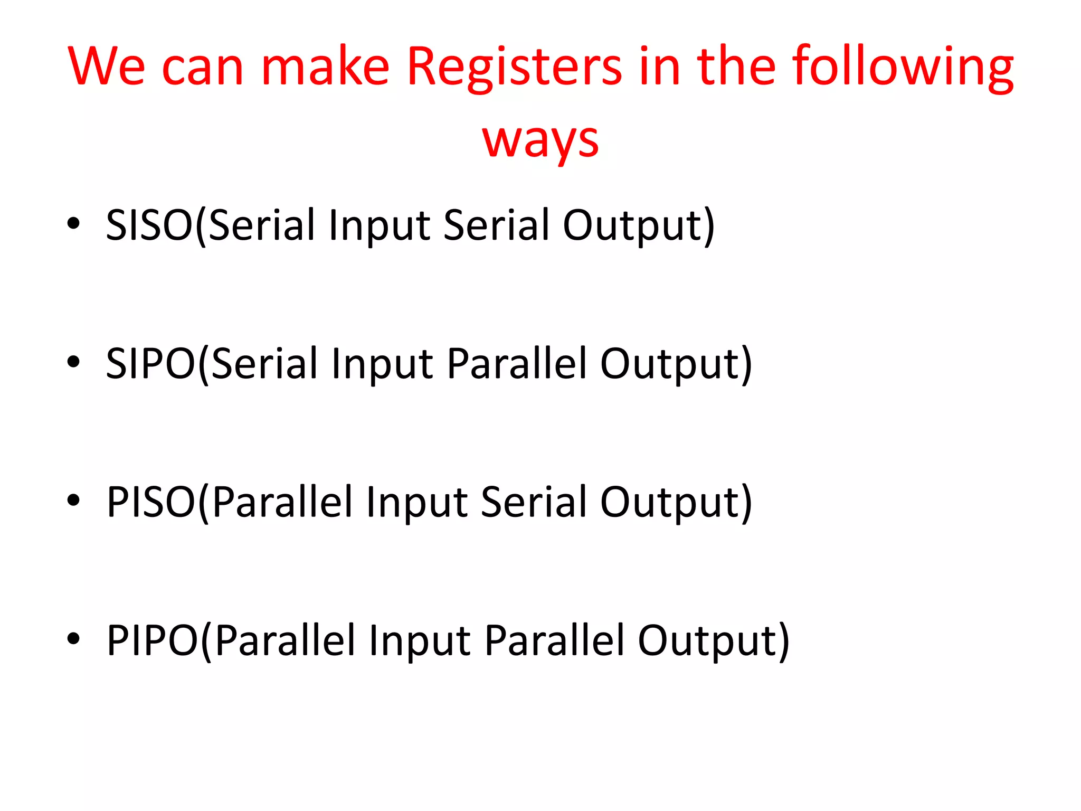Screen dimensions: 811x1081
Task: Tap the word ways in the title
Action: point(540,139)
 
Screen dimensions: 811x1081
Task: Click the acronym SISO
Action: point(149,225)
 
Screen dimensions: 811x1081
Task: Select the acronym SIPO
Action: point(151,364)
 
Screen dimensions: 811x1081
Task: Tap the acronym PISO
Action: point(151,502)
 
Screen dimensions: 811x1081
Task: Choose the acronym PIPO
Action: point(152,640)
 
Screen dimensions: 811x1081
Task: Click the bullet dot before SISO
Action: point(73,223)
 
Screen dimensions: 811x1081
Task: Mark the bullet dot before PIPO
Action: point(73,638)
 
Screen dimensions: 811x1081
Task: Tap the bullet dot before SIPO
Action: point(73,362)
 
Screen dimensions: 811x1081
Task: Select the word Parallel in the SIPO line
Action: point(516,364)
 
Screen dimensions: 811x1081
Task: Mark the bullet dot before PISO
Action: point(73,500)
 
